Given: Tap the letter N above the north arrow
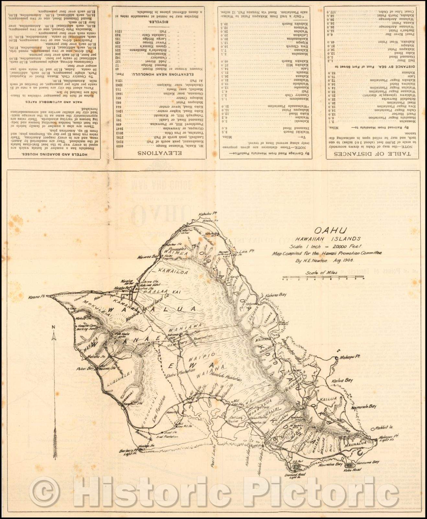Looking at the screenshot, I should (x=54, y=327).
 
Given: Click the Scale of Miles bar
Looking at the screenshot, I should (x=323, y=278).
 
